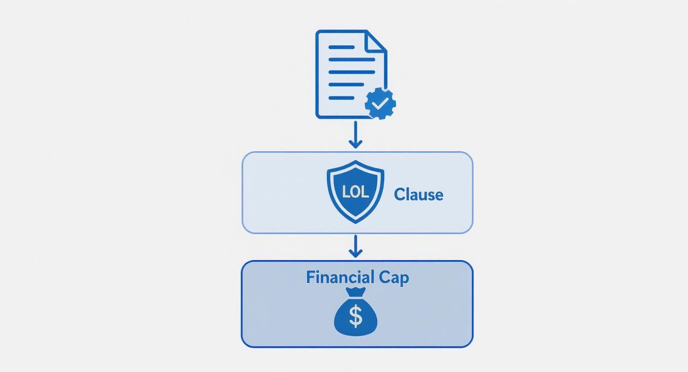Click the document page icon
[346, 74]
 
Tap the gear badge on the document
[380, 103]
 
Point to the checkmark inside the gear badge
[380, 103]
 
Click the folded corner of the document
[377, 41]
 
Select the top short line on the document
[342, 47]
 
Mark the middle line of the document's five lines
[351, 73]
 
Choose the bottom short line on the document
[342, 98]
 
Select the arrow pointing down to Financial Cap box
[355, 246]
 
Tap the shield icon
[355, 191]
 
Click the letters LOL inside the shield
[355, 192]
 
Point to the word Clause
[418, 194]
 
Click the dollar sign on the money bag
[355, 317]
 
